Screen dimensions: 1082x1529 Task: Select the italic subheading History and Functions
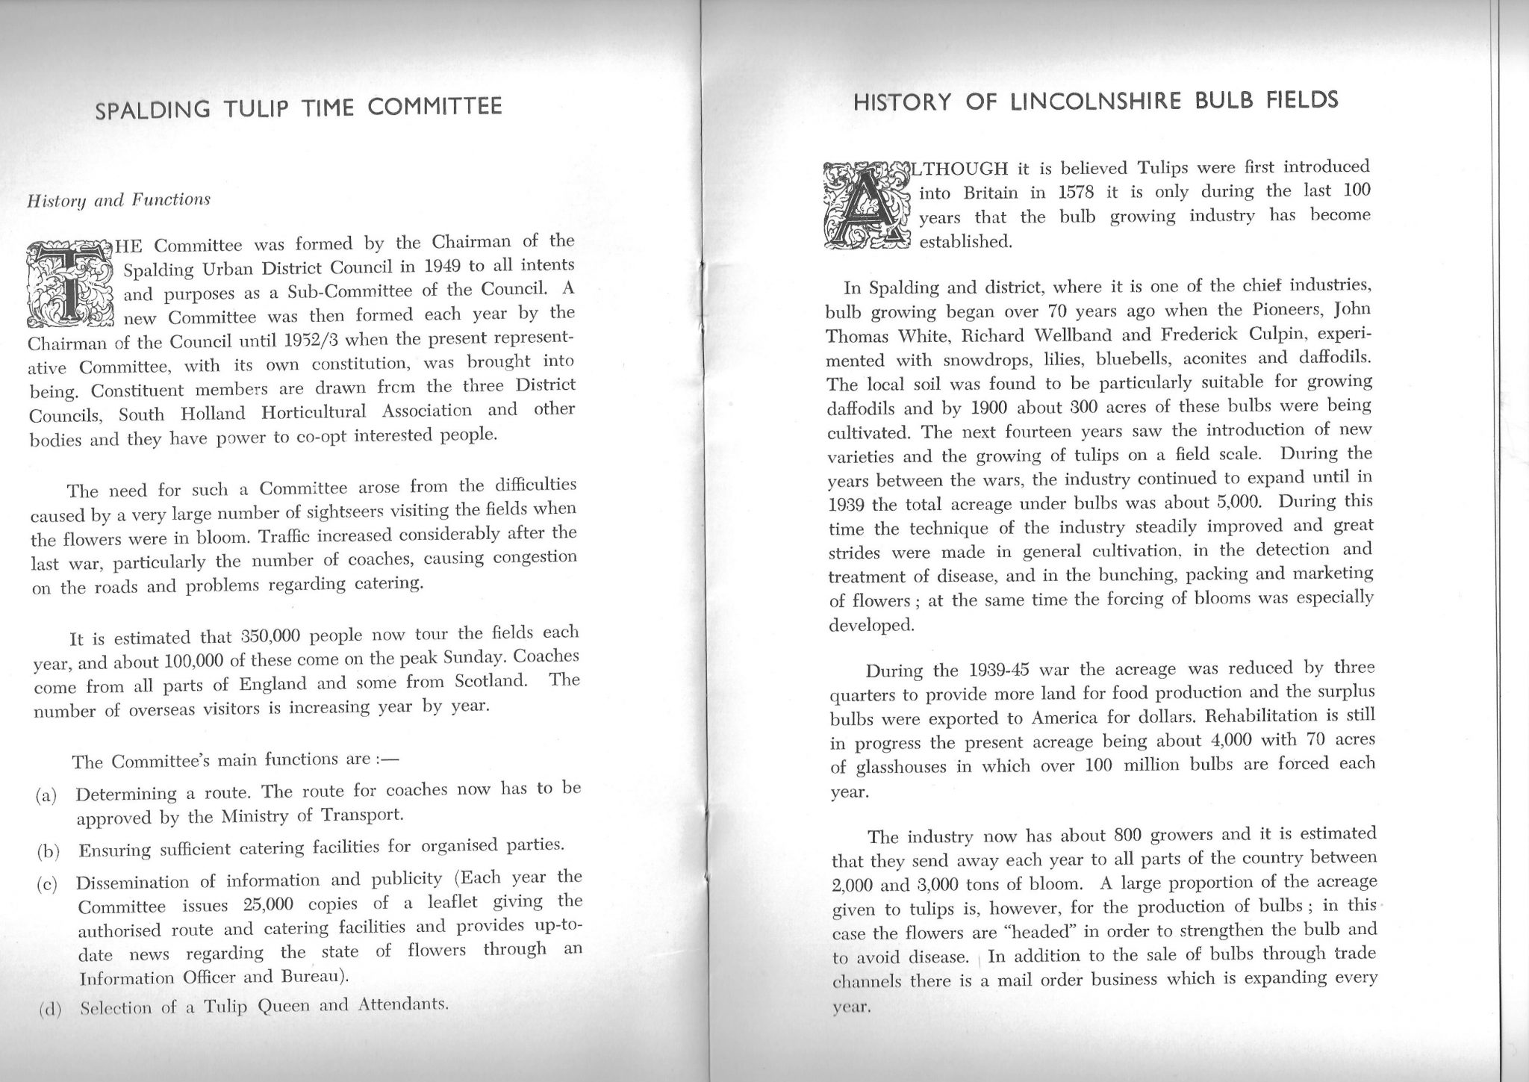tap(119, 201)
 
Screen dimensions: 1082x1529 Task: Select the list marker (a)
tap(47, 795)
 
